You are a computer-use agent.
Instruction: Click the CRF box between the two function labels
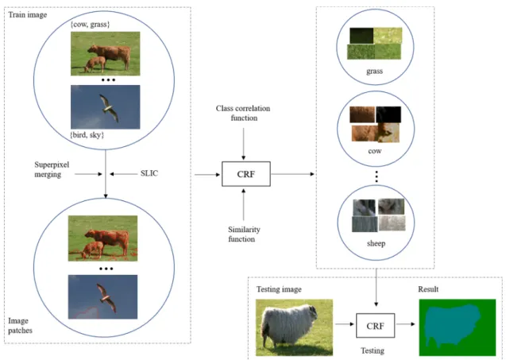[246, 174]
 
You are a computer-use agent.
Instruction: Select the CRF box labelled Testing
[375, 326]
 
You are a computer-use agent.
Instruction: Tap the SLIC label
[149, 173]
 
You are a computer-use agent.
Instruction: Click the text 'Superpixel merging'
[52, 169]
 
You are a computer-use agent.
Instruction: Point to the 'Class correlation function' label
[243, 113]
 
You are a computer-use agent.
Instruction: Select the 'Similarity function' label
[244, 234]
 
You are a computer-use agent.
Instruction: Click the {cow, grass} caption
[90, 24]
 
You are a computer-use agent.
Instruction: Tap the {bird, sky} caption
[87, 135]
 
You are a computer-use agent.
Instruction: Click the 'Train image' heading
[28, 15]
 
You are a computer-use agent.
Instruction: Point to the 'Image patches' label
[20, 326]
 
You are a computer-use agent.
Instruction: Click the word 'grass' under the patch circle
[374, 71]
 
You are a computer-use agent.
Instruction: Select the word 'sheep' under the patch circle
[376, 243]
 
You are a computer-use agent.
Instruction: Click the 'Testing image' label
[279, 289]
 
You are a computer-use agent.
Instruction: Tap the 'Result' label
[428, 289]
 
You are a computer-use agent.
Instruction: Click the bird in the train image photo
[109, 108]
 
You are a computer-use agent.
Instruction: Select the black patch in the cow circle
[388, 114]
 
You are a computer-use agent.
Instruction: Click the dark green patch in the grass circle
[361, 36]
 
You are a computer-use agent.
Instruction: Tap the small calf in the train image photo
[95, 64]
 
